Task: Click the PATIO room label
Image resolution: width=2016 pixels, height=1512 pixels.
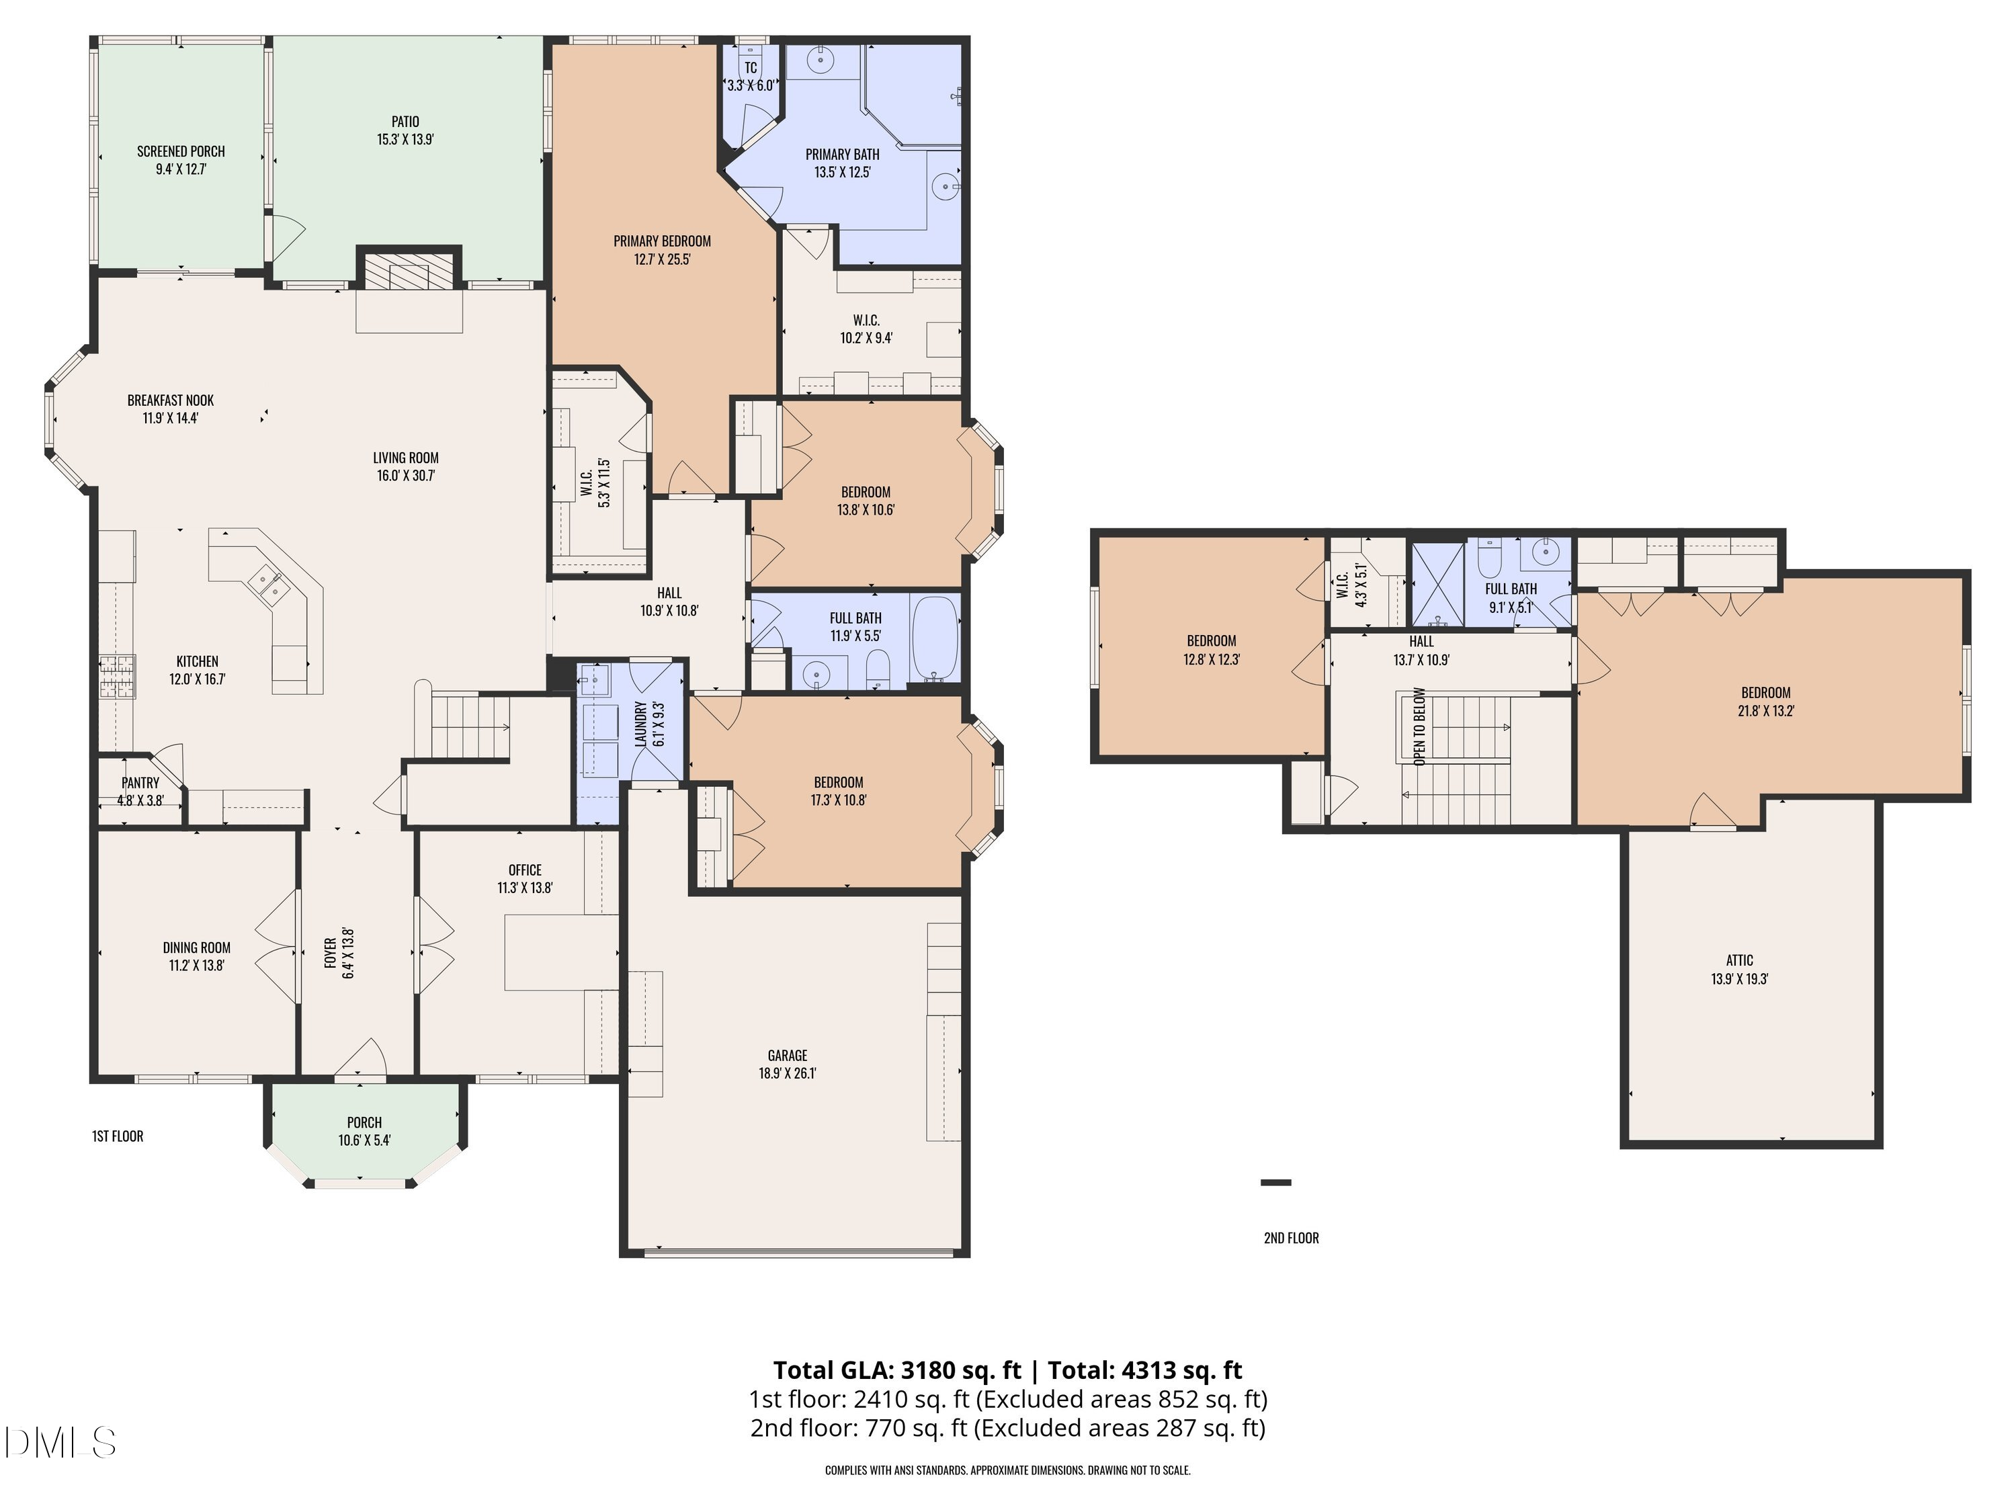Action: coord(406,121)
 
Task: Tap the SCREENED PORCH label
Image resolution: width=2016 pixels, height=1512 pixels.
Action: coord(181,151)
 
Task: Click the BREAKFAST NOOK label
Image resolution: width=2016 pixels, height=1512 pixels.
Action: coord(171,400)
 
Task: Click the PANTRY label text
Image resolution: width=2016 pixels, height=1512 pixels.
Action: coord(140,783)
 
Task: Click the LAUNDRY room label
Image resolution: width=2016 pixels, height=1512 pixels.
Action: coord(640,724)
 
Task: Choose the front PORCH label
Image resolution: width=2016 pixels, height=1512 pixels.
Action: coord(364,1123)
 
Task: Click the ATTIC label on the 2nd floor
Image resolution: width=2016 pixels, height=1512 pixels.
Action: coord(1739,960)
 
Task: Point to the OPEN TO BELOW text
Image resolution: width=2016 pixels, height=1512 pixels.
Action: coord(1419,726)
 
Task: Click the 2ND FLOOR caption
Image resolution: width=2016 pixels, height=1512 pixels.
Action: coord(1292,1238)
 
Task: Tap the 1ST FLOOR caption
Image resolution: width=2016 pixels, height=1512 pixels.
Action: coord(118,1136)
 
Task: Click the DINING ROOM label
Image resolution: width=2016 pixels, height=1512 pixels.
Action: coord(197,948)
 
